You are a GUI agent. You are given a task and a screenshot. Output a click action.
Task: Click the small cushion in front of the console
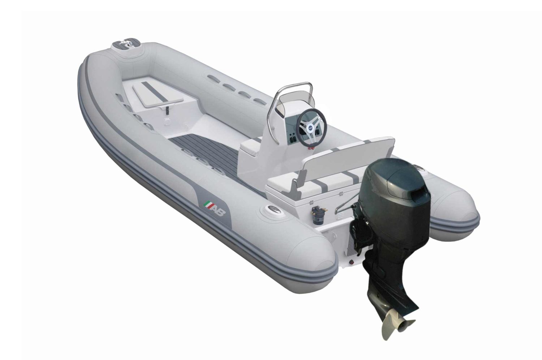[250, 146]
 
